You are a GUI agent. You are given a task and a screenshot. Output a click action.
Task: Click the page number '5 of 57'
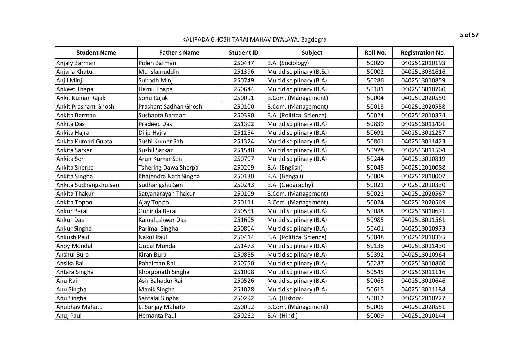coord(469,35)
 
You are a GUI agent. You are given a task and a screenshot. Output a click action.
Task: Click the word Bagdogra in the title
coord(314,39)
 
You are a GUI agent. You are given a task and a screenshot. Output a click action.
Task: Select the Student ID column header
coord(243,53)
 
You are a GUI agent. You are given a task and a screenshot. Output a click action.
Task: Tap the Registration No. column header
coord(423,53)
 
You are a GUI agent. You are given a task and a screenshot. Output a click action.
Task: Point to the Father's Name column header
coord(179,53)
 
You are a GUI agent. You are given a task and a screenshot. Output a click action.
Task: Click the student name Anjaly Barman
coord(76,63)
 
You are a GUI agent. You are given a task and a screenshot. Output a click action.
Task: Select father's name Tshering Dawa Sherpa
coord(168,168)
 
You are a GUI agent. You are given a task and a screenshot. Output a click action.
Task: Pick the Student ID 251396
coord(243,72)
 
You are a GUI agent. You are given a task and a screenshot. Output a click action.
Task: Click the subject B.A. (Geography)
coord(290,185)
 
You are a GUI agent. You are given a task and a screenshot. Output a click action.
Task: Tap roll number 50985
coord(375,220)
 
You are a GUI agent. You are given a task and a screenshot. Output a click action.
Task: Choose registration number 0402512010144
coord(423,316)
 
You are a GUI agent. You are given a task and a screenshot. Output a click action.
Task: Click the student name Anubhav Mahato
coord(80,307)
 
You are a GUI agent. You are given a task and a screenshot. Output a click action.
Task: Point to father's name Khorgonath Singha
coord(164,272)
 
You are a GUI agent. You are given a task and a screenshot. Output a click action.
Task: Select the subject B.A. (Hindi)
coord(282,316)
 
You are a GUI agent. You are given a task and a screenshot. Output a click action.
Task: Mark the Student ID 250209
coord(243,168)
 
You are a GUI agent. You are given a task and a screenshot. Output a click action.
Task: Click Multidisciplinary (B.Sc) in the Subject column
coord(298,72)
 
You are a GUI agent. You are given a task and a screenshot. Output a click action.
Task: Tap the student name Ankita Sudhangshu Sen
coord(88,185)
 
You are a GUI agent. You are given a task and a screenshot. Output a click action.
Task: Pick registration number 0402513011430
coord(423,246)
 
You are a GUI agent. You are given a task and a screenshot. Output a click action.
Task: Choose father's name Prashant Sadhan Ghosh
coord(170,107)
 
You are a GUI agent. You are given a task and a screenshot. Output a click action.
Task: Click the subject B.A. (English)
coord(285,168)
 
